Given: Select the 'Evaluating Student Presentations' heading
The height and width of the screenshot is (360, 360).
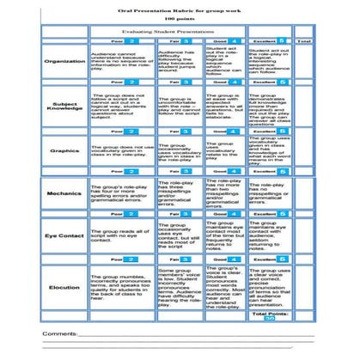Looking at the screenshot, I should pos(178,29).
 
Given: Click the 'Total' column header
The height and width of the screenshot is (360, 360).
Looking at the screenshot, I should pos(303,40).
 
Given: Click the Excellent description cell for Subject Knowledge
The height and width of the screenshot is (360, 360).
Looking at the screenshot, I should pos(270,107).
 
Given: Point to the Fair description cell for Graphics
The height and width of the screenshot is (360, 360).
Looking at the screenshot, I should pos(178,152).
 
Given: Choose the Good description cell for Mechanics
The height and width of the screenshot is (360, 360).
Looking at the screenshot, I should pos(224,194).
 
